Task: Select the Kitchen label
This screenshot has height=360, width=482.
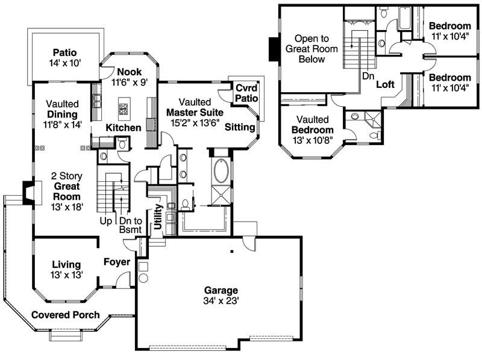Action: click(124, 128)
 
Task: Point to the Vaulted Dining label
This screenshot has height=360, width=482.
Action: click(63, 113)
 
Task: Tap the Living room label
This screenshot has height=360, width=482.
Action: click(66, 264)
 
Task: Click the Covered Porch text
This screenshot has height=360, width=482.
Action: click(65, 314)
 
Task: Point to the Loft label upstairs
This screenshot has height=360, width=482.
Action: click(385, 85)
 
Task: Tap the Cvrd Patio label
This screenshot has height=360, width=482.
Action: click(246, 93)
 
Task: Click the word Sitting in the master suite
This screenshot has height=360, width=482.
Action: click(240, 128)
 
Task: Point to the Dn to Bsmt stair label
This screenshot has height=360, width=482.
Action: click(128, 225)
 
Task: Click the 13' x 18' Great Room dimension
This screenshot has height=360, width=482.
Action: click(66, 206)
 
